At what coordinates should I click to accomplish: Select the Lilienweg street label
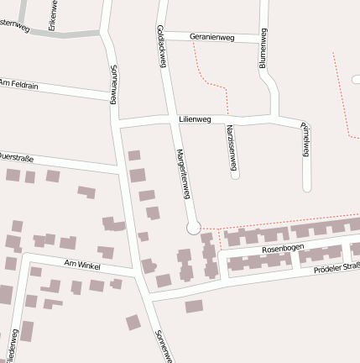[195, 120]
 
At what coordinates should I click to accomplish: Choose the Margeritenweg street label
[183, 173]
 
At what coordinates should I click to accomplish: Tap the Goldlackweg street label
[160, 45]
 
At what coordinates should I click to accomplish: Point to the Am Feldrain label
[18, 83]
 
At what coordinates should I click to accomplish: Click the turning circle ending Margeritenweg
[194, 227]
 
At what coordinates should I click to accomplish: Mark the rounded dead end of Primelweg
[307, 186]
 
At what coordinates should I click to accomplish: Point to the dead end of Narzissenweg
[235, 175]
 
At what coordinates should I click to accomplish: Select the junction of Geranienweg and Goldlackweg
[164, 34]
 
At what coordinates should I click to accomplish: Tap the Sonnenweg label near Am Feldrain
[113, 84]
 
